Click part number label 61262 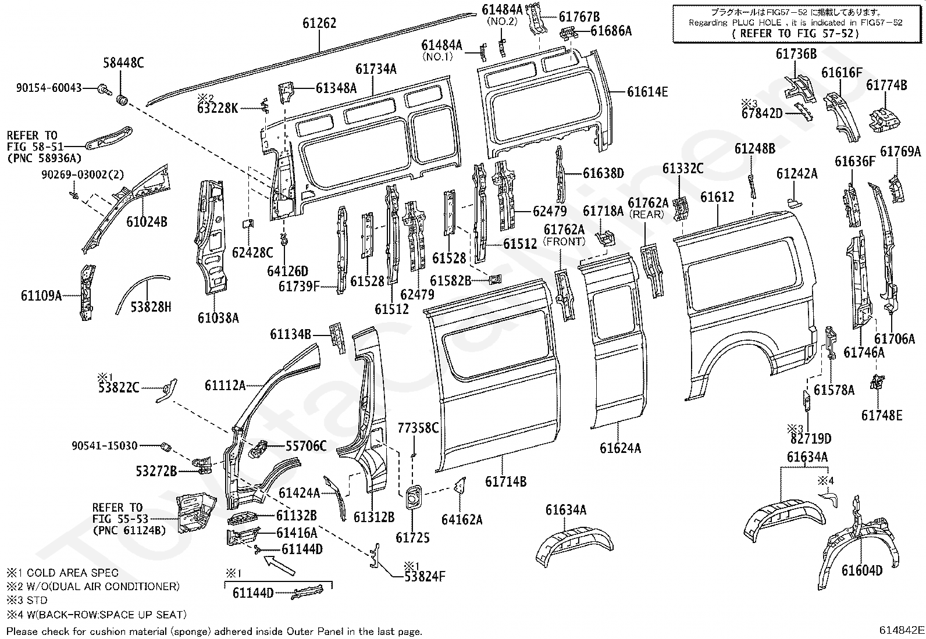click(319, 24)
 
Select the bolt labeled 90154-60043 click(105, 88)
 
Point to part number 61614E click(647, 91)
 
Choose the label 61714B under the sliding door click(505, 481)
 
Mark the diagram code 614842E click(901, 630)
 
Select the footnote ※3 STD click(27, 600)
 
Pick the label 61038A click(218, 317)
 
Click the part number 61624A click(620, 448)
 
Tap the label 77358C click(418, 429)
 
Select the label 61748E click(882, 415)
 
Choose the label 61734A click(376, 69)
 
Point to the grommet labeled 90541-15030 click(165, 447)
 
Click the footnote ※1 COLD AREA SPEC click(62, 573)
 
